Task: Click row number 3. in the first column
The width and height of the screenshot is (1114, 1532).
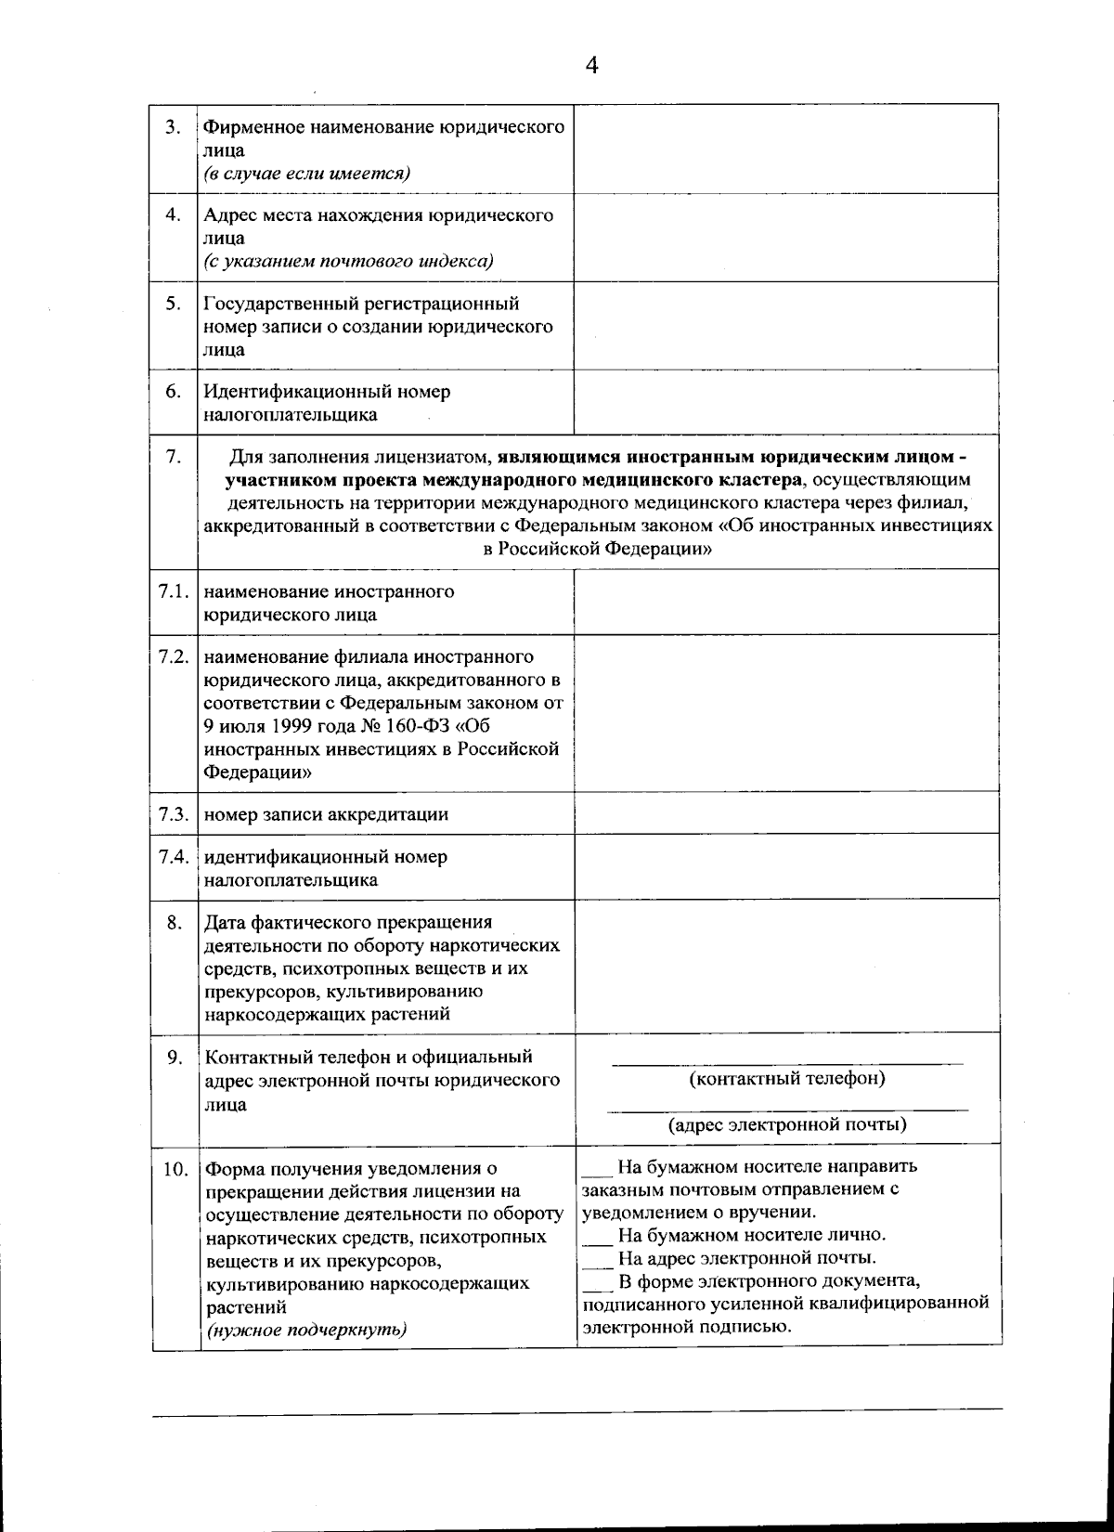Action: click(x=173, y=128)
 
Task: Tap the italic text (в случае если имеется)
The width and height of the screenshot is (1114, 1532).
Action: click(x=307, y=174)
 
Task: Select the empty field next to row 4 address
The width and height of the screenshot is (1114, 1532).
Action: click(x=785, y=238)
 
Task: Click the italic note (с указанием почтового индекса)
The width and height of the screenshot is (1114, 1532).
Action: click(x=348, y=261)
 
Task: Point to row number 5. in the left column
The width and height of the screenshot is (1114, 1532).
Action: click(x=173, y=304)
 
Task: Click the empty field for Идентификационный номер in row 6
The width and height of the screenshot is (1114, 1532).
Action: click(x=785, y=402)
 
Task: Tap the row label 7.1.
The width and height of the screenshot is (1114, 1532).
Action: click(x=175, y=592)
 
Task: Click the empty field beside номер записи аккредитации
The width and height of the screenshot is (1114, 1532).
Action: click(x=785, y=813)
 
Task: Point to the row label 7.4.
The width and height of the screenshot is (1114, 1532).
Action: click(x=175, y=856)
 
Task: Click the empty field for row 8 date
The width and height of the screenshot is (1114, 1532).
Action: click(x=785, y=966)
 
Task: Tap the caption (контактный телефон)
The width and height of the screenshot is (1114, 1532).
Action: click(x=786, y=1079)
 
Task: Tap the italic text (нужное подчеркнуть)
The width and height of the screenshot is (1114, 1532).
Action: click(x=306, y=1330)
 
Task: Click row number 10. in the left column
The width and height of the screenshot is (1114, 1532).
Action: click(x=175, y=1169)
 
